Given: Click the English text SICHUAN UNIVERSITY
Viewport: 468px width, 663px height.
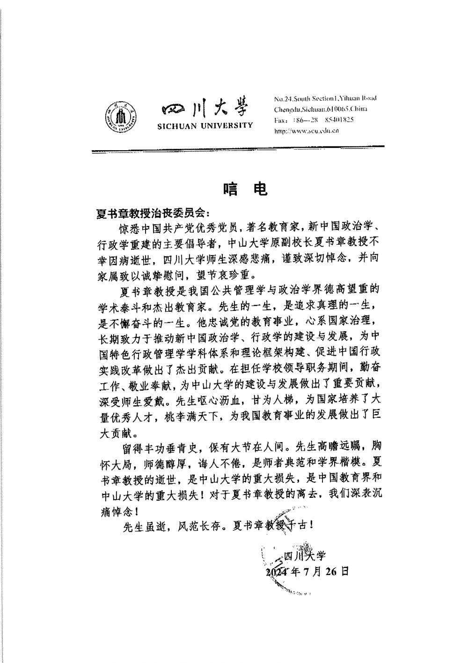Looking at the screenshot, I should [205, 125].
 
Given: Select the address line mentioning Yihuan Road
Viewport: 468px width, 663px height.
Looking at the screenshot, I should [325, 98].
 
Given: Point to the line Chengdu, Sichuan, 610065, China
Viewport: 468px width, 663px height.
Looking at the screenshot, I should [321, 109].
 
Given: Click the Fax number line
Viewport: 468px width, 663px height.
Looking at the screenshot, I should [314, 120].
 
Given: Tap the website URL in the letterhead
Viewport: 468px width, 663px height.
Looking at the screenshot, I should [306, 131].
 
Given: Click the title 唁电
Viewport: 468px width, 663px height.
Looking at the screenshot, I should [245, 188].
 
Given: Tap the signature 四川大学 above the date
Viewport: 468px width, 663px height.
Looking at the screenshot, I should [304, 556].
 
